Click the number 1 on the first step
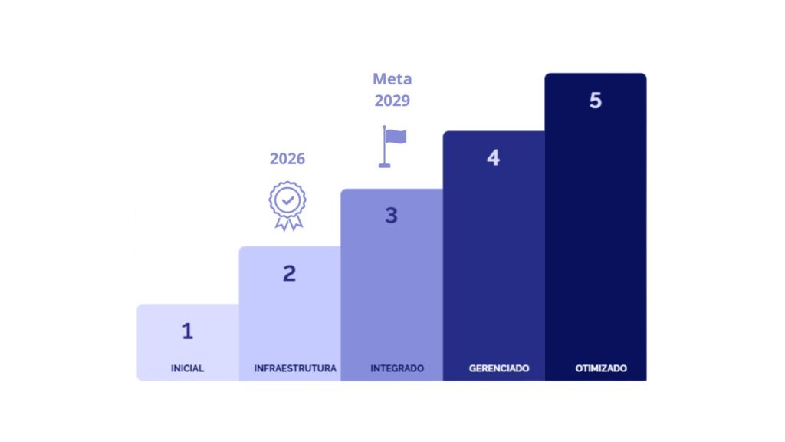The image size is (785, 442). pos(187,331)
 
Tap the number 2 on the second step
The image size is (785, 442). pos(289,273)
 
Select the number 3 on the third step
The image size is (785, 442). pos(392,216)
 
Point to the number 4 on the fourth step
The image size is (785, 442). pos(493,158)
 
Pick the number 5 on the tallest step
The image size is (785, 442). pos(595,101)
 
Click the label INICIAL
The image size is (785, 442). pos(187,368)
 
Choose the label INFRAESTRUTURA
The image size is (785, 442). pos(295,368)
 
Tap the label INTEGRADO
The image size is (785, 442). pos(397,368)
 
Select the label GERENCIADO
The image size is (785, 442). pos(499,368)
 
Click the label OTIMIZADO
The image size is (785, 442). pos(601,368)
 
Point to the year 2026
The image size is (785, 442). pos(287,158)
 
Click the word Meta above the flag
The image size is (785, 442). pos(392,79)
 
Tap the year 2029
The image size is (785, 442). pos(392,101)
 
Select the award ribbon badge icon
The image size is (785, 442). pos(287,206)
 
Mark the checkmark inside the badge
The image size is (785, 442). pos(288,200)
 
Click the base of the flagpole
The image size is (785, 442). pos(385,166)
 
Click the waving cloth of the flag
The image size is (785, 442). pos(396,137)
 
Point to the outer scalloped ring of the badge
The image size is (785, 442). pos(287,183)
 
